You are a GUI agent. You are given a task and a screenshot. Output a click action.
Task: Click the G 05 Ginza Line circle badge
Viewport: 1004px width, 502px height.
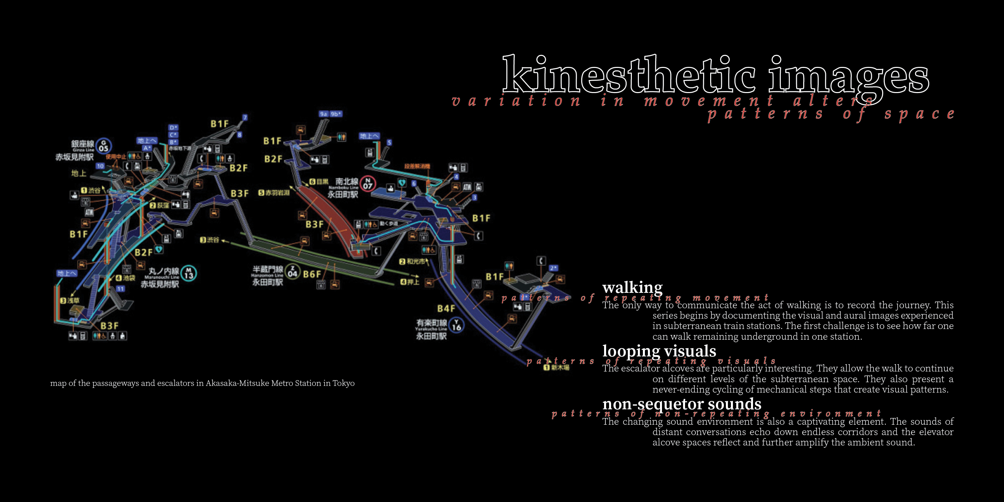click(x=104, y=146)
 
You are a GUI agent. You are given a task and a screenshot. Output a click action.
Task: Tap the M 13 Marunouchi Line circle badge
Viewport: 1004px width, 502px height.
click(x=189, y=273)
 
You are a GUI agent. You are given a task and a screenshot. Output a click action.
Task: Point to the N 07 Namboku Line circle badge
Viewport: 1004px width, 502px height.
click(x=367, y=183)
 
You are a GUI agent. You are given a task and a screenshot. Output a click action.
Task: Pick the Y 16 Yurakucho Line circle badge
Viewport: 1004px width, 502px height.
click(x=456, y=325)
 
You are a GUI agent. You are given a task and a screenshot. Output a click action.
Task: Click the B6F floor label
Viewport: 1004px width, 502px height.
click(x=312, y=274)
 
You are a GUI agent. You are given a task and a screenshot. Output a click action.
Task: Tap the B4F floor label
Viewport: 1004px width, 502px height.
click(x=446, y=309)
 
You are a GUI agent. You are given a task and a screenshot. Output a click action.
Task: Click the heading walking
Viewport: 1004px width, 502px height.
click(x=632, y=287)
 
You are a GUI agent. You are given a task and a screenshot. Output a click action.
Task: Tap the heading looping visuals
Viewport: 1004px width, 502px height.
click(x=659, y=351)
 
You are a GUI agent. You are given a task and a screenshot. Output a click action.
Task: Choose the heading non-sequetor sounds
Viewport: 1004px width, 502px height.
click(x=682, y=404)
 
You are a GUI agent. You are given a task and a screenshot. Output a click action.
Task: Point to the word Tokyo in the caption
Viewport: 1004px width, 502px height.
click(x=343, y=383)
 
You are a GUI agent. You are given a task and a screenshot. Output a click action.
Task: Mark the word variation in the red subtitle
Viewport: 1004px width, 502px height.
click(x=516, y=101)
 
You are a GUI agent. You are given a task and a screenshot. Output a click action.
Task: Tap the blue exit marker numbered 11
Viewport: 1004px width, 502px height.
click(x=120, y=289)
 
